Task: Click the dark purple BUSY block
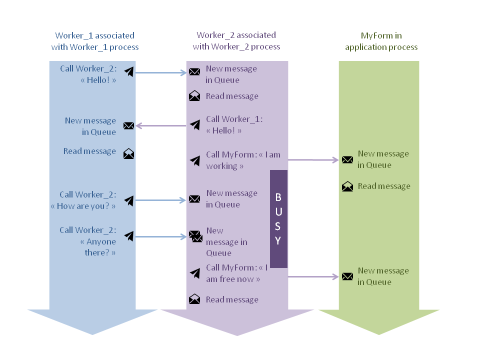click(x=278, y=218)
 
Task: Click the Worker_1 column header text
click(x=94, y=41)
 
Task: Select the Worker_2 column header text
click(x=236, y=41)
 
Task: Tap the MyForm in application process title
click(x=381, y=41)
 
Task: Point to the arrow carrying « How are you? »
click(x=160, y=200)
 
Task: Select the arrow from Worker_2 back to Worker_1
click(x=160, y=125)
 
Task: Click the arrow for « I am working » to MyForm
click(x=313, y=160)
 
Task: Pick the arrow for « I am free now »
click(x=313, y=276)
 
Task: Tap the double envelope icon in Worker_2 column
click(x=195, y=236)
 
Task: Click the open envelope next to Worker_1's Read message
click(x=128, y=153)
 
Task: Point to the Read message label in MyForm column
click(x=383, y=186)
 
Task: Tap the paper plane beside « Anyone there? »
click(x=129, y=235)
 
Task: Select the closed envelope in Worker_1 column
click(x=128, y=125)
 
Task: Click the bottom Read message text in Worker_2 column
click(x=232, y=299)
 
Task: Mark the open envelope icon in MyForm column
click(x=347, y=187)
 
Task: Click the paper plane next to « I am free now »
click(x=195, y=273)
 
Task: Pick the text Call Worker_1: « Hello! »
click(x=234, y=125)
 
